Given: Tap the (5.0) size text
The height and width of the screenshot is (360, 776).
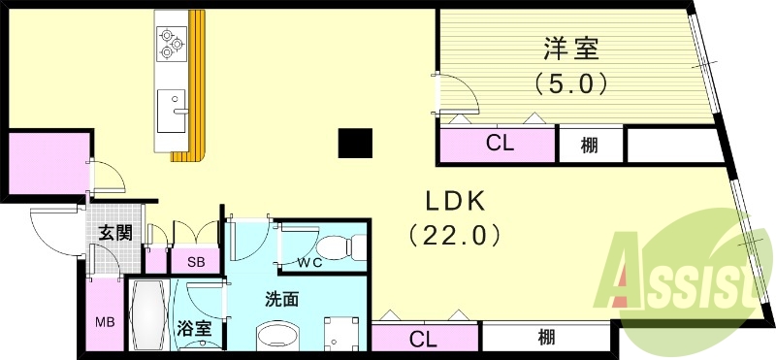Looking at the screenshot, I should pyautogui.click(x=571, y=84).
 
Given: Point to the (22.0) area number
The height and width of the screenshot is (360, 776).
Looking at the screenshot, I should pyautogui.click(x=455, y=234).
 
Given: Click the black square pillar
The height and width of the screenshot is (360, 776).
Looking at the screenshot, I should pyautogui.click(x=354, y=143).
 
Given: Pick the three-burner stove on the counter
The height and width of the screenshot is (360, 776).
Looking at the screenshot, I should pyautogui.click(x=172, y=41).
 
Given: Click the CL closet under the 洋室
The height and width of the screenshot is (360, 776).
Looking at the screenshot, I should pyautogui.click(x=499, y=145).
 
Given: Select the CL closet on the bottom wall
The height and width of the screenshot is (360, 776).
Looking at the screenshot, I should pyautogui.click(x=423, y=339).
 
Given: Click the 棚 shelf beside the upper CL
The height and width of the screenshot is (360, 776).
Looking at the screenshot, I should pyautogui.click(x=589, y=145).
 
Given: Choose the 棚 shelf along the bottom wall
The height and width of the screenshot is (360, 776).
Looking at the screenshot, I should pyautogui.click(x=546, y=338).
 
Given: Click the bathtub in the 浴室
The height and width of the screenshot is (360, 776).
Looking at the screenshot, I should pyautogui.click(x=148, y=316).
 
